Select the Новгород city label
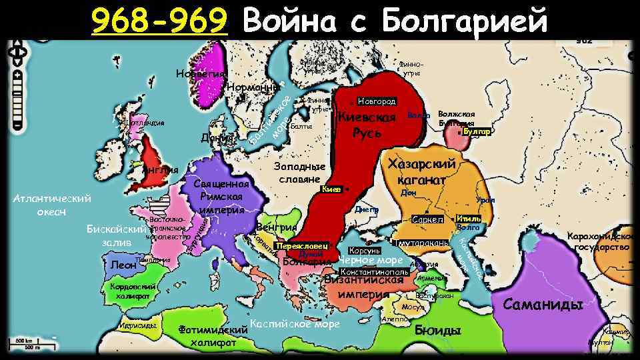(377, 101)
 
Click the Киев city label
(331, 189)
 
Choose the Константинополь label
(374, 272)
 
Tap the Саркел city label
(427, 219)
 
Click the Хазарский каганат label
(425, 172)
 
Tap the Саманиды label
(543, 305)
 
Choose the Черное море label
(371, 261)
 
